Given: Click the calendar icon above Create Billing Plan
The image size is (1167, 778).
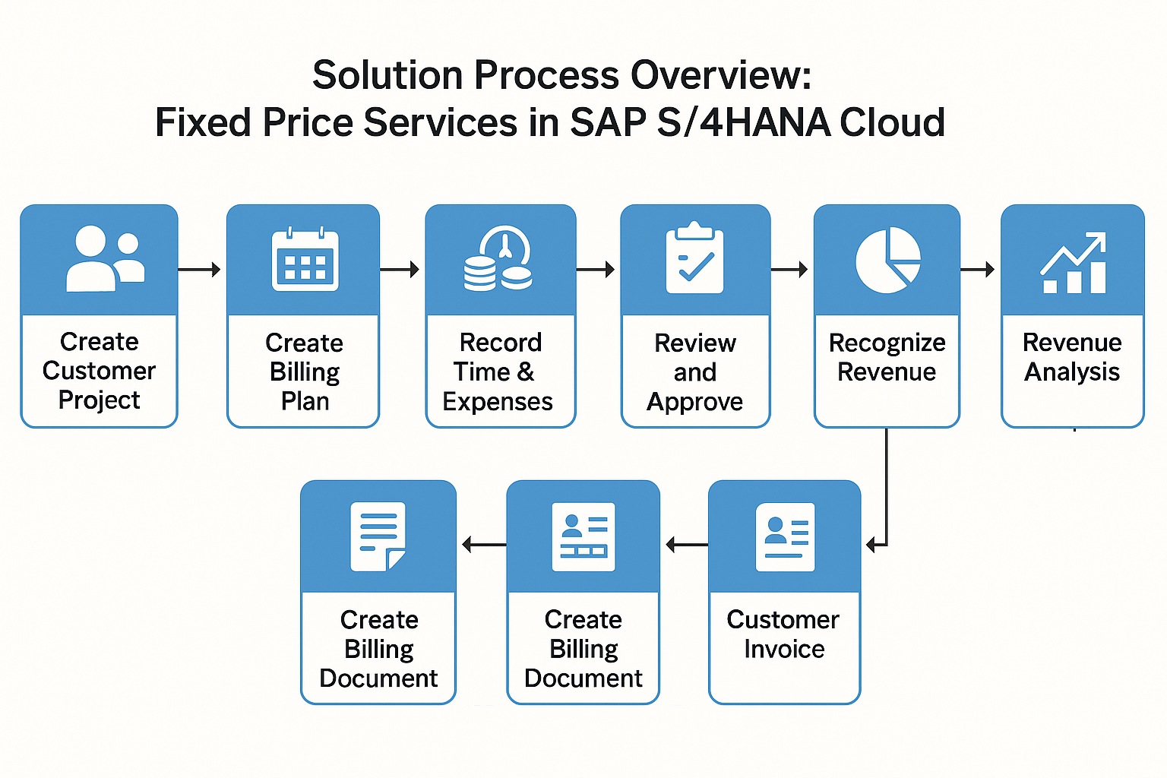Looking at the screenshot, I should pyautogui.click(x=305, y=260).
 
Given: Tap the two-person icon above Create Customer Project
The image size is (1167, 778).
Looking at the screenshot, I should pyautogui.click(x=105, y=259).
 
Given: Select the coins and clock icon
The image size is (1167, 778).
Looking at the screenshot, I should pyautogui.click(x=498, y=260).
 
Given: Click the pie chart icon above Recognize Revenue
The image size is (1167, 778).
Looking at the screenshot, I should pyautogui.click(x=887, y=260).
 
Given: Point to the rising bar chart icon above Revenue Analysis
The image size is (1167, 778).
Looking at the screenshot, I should pyautogui.click(x=1073, y=263).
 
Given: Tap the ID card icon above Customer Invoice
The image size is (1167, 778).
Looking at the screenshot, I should pyautogui.click(x=785, y=536).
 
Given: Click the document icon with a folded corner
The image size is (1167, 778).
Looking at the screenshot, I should pyautogui.click(x=378, y=536).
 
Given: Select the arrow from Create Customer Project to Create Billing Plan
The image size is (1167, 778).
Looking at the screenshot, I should pyautogui.click(x=200, y=269).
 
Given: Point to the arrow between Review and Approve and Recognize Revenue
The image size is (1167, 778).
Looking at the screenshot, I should pyautogui.click(x=789, y=269).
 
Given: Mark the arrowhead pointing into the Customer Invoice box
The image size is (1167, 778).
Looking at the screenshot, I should pyautogui.click(x=871, y=544).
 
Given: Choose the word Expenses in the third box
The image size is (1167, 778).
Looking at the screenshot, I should pyautogui.click(x=498, y=402).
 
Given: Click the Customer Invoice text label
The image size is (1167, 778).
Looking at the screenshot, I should pyautogui.click(x=783, y=634).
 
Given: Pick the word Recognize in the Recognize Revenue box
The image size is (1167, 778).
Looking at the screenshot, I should pyautogui.click(x=887, y=343).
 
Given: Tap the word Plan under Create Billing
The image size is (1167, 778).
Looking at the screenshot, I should pyautogui.click(x=305, y=401).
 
